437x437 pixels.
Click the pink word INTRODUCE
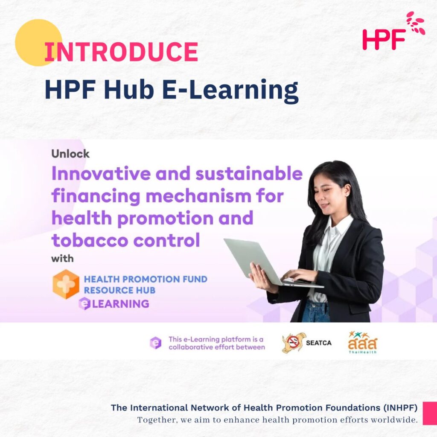(121, 52)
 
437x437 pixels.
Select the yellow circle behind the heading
(38, 42)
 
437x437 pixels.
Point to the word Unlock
(70, 154)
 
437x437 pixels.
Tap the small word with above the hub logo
(62, 259)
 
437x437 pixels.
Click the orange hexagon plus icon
(66, 284)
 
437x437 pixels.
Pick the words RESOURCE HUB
(119, 290)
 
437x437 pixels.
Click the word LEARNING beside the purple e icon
(121, 304)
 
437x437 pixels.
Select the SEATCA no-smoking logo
(306, 343)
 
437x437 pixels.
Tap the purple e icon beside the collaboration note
(155, 343)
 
